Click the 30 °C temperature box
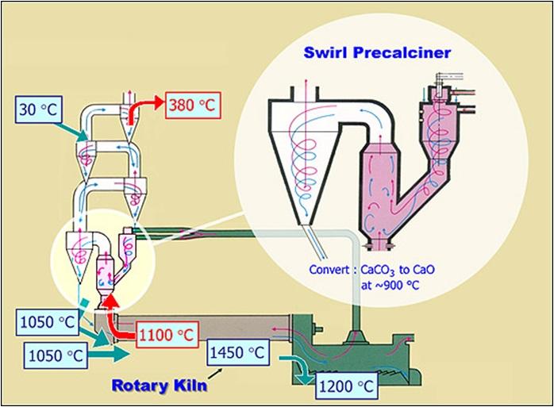point(39,109)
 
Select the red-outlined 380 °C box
point(193,105)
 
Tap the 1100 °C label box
point(167,335)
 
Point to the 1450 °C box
point(238,352)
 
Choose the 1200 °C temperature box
point(347,386)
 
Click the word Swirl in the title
point(325,52)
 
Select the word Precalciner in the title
point(402,53)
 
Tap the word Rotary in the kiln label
point(140,385)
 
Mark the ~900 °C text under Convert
point(390,285)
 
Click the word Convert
point(329,270)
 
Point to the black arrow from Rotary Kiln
point(215,374)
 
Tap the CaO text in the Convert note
point(423,270)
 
